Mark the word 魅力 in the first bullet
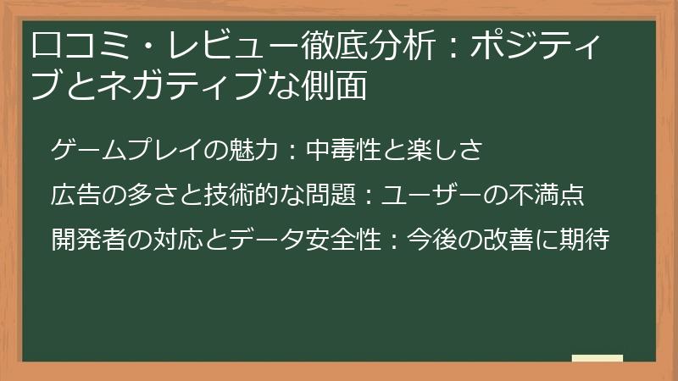pyautogui.click(x=249, y=152)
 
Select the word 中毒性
pyautogui.click(x=347, y=152)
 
